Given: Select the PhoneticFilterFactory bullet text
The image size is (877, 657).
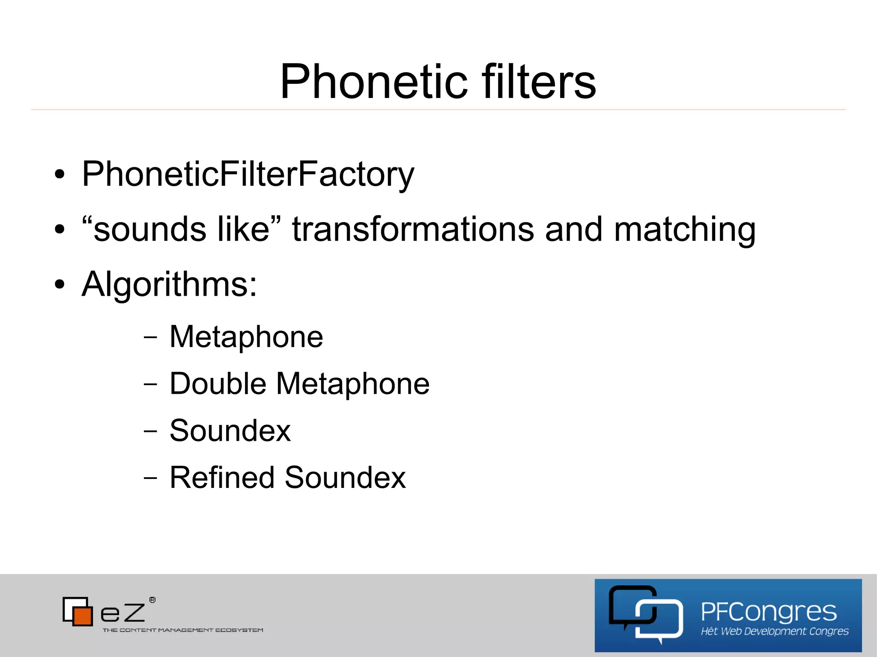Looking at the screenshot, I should [x=248, y=174].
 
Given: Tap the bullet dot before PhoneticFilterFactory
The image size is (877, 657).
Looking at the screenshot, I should [x=60, y=175].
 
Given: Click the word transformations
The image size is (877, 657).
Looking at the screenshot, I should [x=413, y=229].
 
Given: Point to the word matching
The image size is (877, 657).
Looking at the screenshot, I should [x=685, y=229].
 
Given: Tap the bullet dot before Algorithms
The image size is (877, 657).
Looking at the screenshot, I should [x=60, y=284].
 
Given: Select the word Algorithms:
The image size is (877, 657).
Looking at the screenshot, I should [x=170, y=284].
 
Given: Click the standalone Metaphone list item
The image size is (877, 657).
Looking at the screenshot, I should [x=246, y=337].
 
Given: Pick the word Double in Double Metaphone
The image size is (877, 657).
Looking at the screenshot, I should [x=218, y=383].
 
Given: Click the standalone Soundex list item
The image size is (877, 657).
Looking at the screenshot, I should [x=230, y=431].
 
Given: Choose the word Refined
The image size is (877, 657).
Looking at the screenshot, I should [x=222, y=477].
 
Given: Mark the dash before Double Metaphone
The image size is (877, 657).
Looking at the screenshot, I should [x=150, y=384].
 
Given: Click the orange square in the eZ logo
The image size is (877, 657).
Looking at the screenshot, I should [x=82, y=615].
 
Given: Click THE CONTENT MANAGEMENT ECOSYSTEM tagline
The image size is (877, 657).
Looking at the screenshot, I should [x=183, y=630].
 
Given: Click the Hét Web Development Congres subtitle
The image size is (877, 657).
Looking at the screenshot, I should [x=774, y=631].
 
